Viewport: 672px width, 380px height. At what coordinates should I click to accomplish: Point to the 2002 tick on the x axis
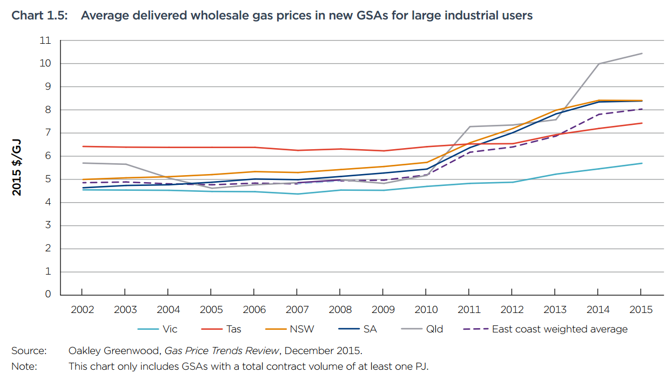pos(82,310)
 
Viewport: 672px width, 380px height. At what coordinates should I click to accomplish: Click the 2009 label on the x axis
pos(383,310)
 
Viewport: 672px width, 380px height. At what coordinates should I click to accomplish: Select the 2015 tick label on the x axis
pos(641,310)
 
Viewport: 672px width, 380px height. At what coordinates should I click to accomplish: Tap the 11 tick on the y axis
pos(45,41)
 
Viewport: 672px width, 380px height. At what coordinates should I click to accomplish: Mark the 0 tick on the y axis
pos(48,295)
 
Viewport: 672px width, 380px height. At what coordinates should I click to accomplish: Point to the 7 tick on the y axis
pos(48,133)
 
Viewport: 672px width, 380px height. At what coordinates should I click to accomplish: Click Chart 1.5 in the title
pos(39,16)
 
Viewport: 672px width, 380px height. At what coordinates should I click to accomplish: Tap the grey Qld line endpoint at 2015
pos(642,54)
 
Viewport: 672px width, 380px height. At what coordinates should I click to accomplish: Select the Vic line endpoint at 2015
pos(642,163)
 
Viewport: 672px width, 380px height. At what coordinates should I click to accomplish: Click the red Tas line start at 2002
pos(82,146)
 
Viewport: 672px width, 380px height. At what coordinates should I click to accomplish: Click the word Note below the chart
pos(24,366)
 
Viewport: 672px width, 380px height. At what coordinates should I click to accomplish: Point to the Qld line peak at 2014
pos(599,64)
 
